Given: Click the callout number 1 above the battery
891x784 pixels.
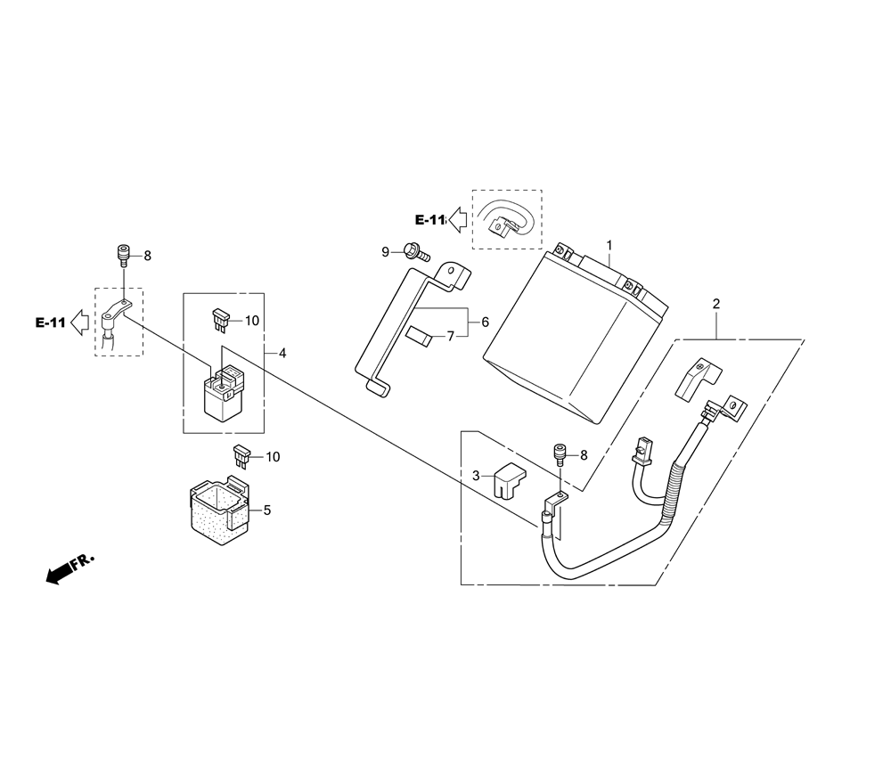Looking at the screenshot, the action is point(609,245).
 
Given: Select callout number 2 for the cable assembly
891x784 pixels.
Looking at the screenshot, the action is point(716,304).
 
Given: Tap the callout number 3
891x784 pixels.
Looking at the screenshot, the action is point(476,476).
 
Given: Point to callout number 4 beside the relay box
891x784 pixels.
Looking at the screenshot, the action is point(282,354).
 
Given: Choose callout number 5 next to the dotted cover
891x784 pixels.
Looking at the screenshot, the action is point(267,510).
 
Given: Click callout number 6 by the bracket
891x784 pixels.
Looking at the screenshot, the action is point(485,323).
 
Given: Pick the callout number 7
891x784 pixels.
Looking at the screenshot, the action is point(451,337).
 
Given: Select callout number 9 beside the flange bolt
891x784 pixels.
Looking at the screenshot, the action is point(385,251).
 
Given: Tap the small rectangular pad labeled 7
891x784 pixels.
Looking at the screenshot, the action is point(420,337).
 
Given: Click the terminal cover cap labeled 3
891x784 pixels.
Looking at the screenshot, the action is point(510,480).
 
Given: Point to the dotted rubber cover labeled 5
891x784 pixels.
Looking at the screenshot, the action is point(219,510).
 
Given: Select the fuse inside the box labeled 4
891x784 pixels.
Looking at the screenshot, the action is point(220,319).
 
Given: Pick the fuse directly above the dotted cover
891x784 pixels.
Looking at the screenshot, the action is point(242,456).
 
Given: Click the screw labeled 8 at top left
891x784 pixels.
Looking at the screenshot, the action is point(123,255).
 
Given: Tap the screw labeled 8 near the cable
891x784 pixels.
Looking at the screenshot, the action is point(560,455).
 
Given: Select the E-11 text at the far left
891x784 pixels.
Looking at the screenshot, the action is point(50,323).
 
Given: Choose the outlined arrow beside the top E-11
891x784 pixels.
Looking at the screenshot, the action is point(458,220).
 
